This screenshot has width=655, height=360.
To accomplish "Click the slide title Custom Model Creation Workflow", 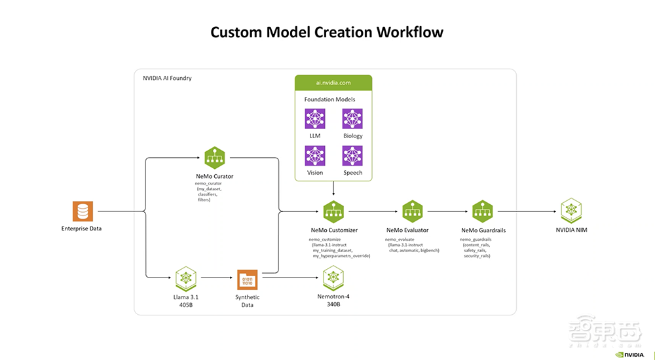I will tap(327, 32).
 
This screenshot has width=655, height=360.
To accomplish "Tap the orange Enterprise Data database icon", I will tap(83, 211).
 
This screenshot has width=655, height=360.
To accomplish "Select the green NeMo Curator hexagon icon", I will tap(215, 157).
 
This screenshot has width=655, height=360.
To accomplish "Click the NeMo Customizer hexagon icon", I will tap(333, 211).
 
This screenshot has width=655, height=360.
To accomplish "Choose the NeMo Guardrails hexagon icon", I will tap(483, 211).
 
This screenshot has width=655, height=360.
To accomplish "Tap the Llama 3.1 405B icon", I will tap(187, 278).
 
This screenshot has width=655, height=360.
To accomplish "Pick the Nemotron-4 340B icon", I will tap(333, 278).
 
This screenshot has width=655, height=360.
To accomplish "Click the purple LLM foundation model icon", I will tap(314, 118).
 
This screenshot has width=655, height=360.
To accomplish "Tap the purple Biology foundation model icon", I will tap(352, 118).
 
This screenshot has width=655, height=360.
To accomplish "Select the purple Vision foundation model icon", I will tap(314, 155).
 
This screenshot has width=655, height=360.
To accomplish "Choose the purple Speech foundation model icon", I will tap(352, 155).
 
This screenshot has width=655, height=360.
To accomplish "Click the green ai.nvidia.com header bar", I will tap(333, 83).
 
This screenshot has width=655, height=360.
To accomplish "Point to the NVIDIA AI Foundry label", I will tap(167, 79).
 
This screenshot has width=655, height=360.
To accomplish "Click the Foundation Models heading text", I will tap(330, 99).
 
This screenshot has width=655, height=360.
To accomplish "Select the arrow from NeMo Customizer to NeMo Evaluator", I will tap(374, 211).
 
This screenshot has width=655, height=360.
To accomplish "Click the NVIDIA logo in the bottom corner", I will tap(629, 354).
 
